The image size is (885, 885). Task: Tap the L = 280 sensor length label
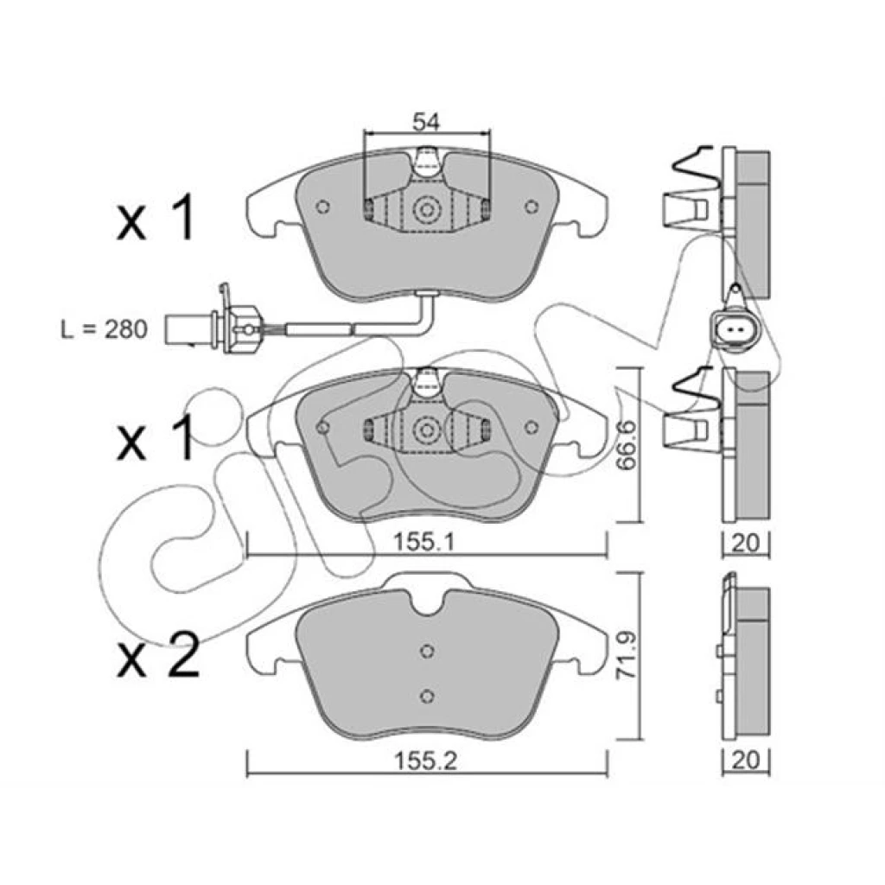click(x=105, y=329)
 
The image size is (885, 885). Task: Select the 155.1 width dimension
click(x=423, y=543)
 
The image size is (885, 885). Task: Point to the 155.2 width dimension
click(x=425, y=761)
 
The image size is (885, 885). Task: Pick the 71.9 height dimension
click(x=627, y=655)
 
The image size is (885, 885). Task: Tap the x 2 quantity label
click(x=159, y=655)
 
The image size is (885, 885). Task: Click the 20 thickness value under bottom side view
click(x=746, y=761)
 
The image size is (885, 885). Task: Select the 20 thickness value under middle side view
click(x=746, y=543)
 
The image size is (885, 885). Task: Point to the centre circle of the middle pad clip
click(x=426, y=430)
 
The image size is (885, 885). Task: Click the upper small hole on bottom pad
click(x=427, y=652)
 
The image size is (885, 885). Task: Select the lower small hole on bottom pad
click(x=427, y=696)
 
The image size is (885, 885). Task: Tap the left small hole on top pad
click(x=323, y=207)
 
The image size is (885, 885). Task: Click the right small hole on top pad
click(x=531, y=207)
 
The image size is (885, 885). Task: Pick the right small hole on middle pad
click(x=531, y=427)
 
